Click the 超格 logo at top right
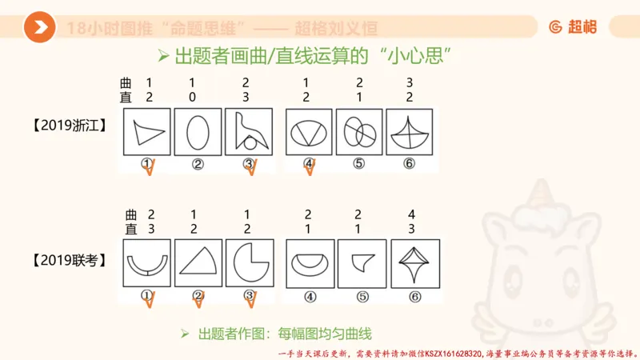click(573, 27)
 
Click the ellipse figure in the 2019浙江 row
click(198, 132)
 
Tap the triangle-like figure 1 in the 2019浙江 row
click(147, 132)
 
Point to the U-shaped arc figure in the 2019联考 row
click(147, 263)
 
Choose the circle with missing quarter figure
click(249, 263)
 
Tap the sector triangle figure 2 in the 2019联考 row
click(198, 263)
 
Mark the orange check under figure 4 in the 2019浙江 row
click(310, 167)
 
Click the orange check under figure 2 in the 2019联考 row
click(199, 299)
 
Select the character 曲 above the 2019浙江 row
click(126, 83)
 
